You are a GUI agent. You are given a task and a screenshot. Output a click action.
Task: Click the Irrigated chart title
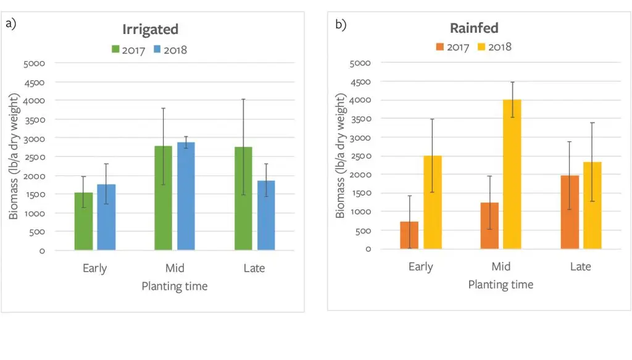coord(150,30)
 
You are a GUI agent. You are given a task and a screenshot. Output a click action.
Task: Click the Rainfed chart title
coord(475,28)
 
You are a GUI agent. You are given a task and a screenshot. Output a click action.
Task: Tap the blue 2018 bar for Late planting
coord(266,215)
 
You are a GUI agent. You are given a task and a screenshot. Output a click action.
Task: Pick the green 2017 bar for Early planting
coord(83,221)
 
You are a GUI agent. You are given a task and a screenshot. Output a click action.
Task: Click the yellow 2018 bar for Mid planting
coord(512,174)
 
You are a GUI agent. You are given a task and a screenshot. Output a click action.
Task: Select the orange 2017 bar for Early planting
coord(409,235)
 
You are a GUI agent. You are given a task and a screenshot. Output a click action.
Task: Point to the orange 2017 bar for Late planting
coord(570,212)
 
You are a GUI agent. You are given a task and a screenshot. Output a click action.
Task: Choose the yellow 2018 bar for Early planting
coord(432,202)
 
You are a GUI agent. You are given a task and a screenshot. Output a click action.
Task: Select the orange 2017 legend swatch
coord(440,47)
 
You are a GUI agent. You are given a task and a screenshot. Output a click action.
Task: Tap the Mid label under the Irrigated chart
coord(175,269)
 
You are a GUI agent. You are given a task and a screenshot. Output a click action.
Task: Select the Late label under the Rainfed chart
coord(581,267)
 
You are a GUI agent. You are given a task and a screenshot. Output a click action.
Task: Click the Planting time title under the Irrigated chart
coord(175,287)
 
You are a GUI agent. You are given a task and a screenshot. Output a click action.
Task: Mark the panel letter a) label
coord(11,24)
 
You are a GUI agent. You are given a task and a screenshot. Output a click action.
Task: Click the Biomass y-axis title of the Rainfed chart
coord(340,156)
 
